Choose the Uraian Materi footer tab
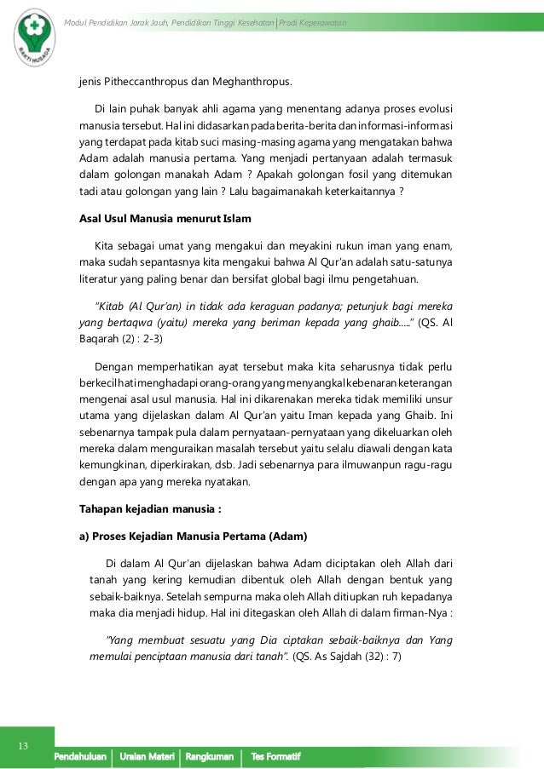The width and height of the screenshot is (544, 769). (146, 757)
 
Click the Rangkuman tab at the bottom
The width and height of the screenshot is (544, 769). (209, 757)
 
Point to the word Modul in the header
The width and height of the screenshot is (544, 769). (79, 20)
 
